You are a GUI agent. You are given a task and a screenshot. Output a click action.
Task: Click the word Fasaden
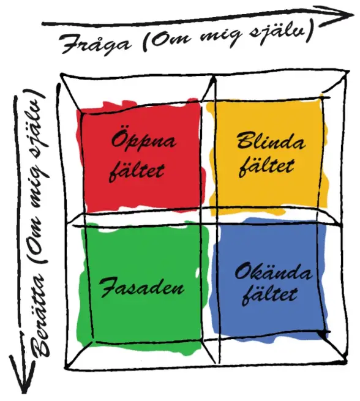click(142, 287)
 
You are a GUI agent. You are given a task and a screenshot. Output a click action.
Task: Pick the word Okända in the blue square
click(273, 272)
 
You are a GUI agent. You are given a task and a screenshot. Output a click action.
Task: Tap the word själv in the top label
click(281, 33)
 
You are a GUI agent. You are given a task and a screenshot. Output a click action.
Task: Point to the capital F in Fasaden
click(108, 287)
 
